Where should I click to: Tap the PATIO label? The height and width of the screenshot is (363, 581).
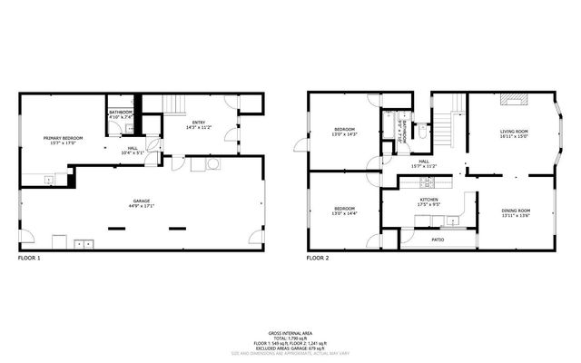[x=437, y=240]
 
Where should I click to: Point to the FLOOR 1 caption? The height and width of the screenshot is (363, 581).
[x=30, y=259]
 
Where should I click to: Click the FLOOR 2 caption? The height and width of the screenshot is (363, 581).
[x=318, y=259]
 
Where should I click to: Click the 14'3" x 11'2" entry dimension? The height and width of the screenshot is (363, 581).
[x=198, y=128]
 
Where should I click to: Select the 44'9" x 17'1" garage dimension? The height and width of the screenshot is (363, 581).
[x=141, y=206]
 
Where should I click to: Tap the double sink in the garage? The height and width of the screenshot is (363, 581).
[x=84, y=243]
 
